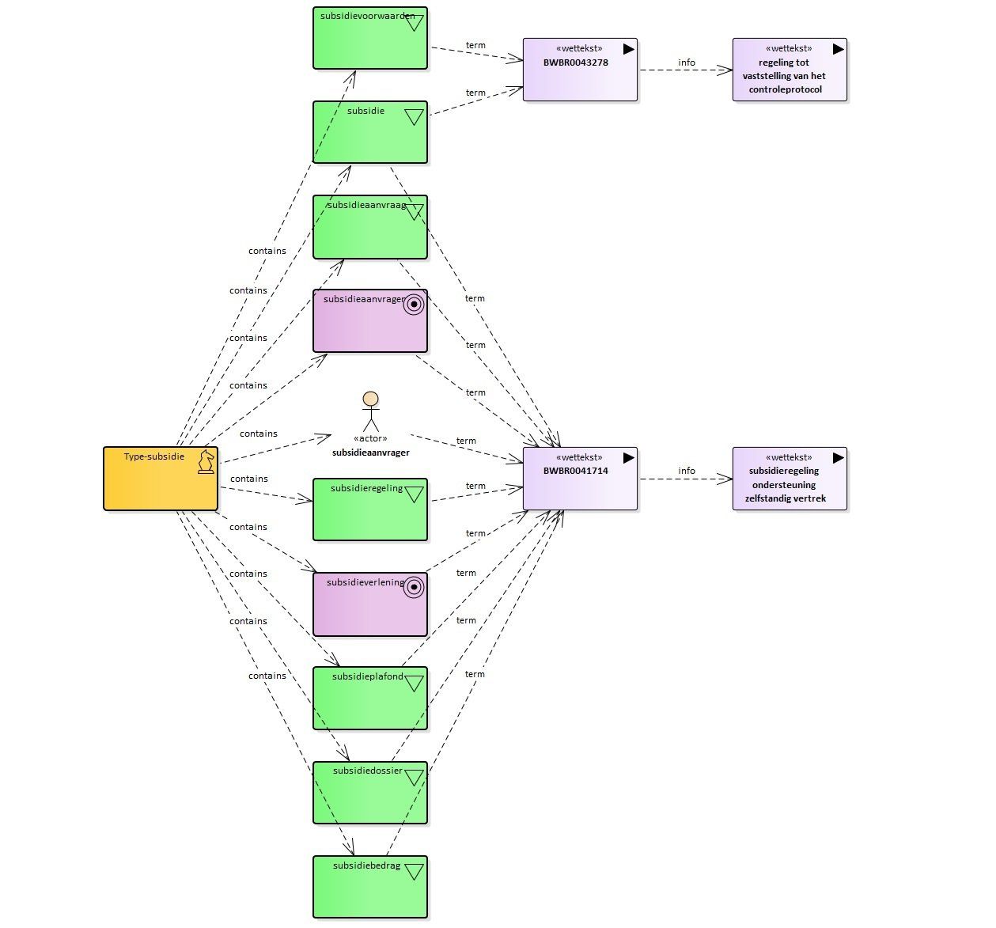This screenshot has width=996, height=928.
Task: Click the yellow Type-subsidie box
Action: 161,479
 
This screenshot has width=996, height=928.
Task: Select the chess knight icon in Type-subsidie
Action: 206,461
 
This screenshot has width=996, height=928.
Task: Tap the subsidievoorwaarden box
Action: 370,38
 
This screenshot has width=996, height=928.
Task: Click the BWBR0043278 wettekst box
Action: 580,70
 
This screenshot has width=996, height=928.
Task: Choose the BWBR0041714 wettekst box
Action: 580,479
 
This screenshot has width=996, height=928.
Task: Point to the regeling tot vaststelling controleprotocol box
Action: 790,70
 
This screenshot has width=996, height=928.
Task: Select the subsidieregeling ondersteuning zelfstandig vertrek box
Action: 790,479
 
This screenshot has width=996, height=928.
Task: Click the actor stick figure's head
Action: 370,399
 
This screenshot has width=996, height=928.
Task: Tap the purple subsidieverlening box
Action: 370,604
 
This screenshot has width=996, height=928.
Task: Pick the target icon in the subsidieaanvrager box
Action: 414,305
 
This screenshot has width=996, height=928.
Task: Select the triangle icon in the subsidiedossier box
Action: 414,778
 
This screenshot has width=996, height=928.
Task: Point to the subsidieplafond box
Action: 370,699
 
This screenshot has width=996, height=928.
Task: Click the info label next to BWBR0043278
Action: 687,62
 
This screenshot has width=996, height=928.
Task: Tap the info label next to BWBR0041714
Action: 687,471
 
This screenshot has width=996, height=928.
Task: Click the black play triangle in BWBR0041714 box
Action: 628,457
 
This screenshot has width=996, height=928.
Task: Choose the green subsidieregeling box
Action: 370,509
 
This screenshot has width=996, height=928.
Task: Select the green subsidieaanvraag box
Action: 370,227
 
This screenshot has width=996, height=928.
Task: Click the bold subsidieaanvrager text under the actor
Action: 370,453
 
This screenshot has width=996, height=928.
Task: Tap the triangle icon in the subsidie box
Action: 414,117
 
